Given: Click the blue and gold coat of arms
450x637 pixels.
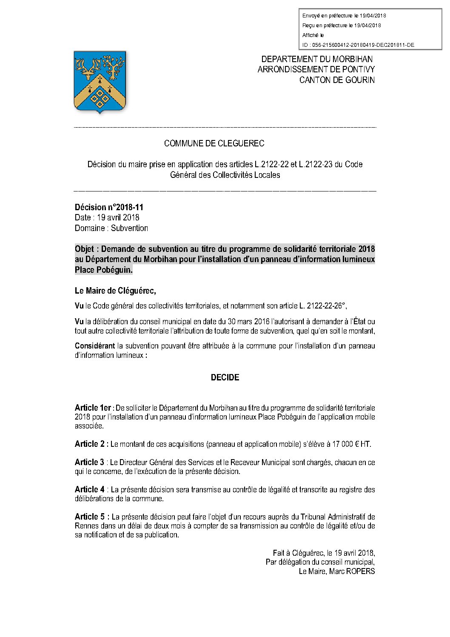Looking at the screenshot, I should coord(100,81).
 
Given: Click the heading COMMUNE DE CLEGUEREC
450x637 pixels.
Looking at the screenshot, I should coord(214,144).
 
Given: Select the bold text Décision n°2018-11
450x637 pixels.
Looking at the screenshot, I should coord(109,208).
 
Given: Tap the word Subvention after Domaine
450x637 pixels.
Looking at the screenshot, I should coord(129,229).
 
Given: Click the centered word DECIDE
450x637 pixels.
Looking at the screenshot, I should coord(225,378).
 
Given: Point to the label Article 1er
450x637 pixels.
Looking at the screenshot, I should coord(93,408).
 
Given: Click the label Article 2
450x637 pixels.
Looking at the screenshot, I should coord(90,444).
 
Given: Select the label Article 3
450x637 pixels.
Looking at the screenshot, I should coord(89,463).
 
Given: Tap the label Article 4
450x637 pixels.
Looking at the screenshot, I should coord(89,490).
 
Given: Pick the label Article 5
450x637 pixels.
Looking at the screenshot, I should coord(90,517).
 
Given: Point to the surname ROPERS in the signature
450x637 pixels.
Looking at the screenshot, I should coord(361,571).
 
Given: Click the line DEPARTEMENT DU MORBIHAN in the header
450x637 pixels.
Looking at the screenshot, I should coord(317,60).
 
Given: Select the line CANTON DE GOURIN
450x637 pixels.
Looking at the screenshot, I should coord(337,80).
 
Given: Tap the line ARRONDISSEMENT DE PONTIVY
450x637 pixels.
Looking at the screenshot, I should coord(316,70).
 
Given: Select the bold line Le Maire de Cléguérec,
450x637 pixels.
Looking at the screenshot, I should coord(115,291).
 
